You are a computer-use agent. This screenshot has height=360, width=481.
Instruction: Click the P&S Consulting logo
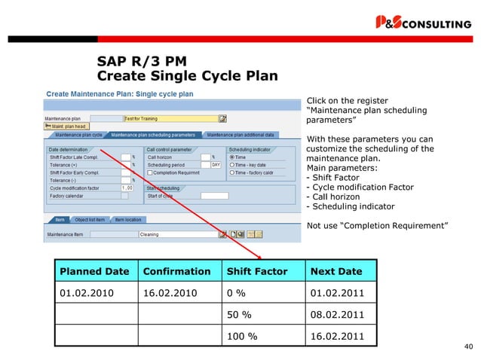tap(423, 23)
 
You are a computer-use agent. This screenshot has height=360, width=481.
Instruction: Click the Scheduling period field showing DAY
tap(215, 164)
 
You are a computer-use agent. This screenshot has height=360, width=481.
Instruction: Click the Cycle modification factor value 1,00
tap(127, 188)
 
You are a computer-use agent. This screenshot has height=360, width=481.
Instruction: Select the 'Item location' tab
tap(127, 220)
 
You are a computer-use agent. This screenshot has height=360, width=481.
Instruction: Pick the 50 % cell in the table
tap(238, 314)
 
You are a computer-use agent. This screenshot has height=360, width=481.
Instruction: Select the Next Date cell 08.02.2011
tap(332, 314)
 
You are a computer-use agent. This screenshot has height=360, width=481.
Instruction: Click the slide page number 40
tap(468, 346)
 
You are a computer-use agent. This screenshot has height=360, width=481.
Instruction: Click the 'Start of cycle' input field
tap(214, 196)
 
